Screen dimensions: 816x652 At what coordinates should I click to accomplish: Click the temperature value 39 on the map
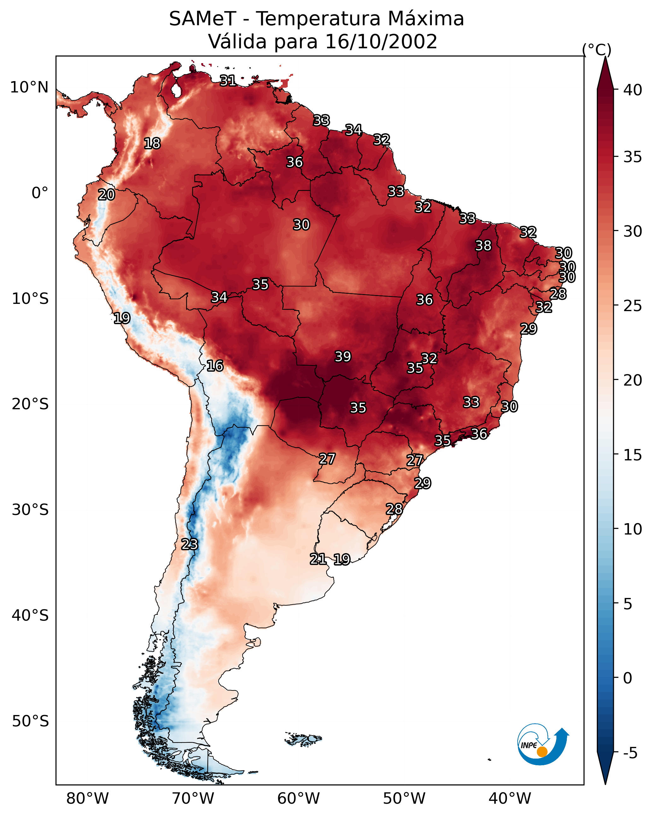click(343, 357)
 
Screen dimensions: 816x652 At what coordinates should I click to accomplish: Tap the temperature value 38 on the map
click(483, 245)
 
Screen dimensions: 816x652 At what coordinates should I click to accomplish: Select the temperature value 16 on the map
click(215, 366)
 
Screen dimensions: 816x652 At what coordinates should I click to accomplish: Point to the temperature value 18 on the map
click(152, 144)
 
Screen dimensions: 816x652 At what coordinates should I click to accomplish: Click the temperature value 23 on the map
click(189, 544)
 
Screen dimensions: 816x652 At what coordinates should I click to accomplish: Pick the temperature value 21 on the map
click(318, 559)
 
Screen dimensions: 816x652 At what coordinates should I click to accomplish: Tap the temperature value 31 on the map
click(228, 80)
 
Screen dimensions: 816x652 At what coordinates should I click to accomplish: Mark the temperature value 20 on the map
click(106, 195)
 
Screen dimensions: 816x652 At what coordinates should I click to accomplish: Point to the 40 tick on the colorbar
click(633, 90)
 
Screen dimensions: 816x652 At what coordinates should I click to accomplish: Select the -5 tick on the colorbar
click(630, 753)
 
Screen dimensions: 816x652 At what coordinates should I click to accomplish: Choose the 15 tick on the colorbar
click(633, 455)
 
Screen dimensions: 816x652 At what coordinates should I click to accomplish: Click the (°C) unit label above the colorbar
click(597, 50)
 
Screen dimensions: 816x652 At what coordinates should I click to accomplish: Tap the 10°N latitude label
click(29, 87)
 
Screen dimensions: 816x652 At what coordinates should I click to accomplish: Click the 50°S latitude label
click(30, 721)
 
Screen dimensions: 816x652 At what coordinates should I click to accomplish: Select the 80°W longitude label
click(87, 799)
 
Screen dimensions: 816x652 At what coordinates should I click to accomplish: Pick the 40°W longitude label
click(510, 799)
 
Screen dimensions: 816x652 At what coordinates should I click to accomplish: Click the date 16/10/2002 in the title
click(381, 42)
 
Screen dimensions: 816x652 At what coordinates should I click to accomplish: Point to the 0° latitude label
click(40, 193)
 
